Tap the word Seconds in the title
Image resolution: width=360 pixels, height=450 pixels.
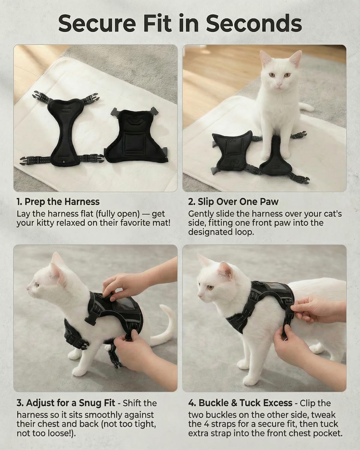(253, 23)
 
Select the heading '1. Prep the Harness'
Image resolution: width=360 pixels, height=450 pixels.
(58, 202)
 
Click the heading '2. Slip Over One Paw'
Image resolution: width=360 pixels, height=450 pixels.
(233, 202)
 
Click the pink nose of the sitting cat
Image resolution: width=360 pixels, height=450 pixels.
(278, 84)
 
